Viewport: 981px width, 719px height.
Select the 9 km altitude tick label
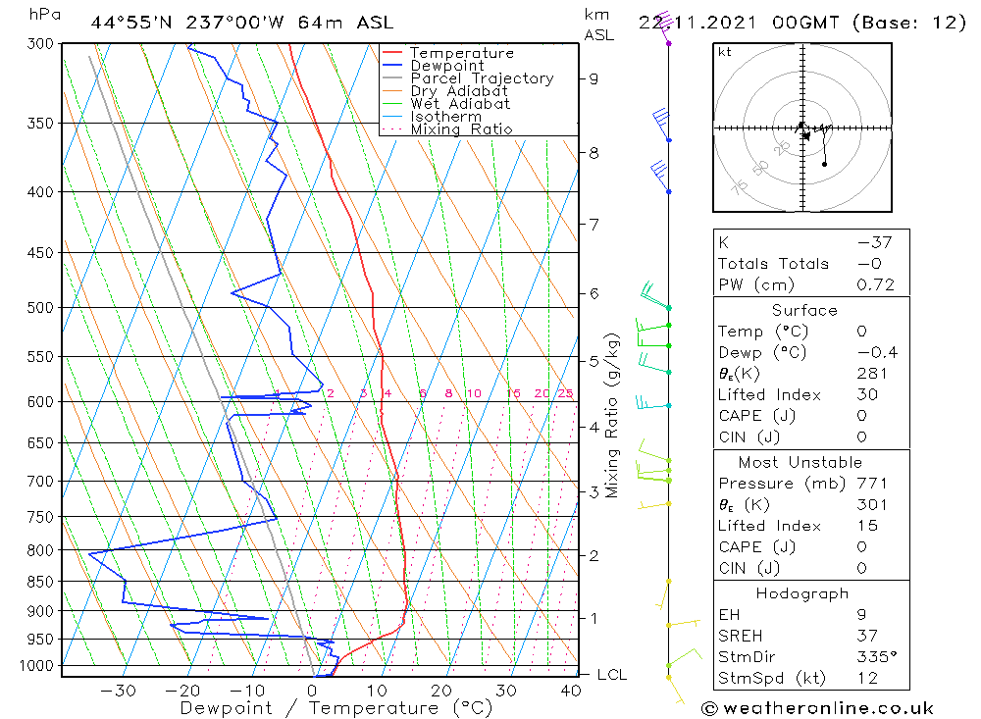point(594,78)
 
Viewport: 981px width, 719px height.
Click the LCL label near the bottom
point(611,675)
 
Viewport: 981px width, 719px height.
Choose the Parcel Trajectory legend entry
point(481,78)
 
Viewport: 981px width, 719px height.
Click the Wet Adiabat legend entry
point(459,104)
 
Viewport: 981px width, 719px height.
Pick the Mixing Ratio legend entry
point(461,129)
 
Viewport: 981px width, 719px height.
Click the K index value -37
point(870,242)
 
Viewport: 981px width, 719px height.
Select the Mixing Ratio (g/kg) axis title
point(613,415)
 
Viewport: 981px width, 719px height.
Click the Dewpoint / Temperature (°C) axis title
point(336,708)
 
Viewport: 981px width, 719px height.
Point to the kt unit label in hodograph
point(724,52)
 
